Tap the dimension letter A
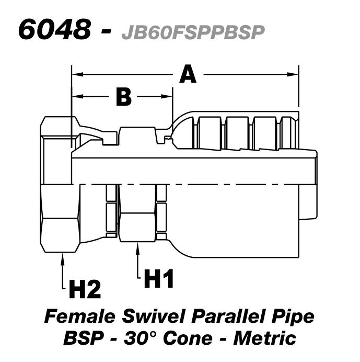pos(188,74)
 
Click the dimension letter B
pos(123,97)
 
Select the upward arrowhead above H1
pos(138,250)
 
